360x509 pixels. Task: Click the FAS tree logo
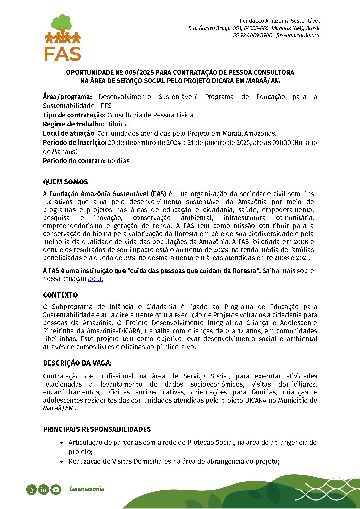click(x=62, y=37)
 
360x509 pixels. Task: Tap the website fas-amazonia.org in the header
click(x=298, y=35)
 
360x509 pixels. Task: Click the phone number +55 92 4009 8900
click(x=251, y=35)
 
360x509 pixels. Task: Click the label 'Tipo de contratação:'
click(x=74, y=115)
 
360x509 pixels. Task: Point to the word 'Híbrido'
click(x=117, y=124)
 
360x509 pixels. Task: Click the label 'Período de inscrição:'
click(x=75, y=143)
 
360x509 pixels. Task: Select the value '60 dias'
click(x=118, y=161)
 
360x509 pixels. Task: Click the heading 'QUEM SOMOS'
click(x=65, y=182)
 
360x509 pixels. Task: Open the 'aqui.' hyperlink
click(x=96, y=279)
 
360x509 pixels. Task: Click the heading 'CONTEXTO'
click(x=60, y=295)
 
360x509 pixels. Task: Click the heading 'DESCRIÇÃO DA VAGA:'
click(x=77, y=363)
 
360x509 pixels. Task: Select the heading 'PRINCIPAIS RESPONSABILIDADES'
click(x=97, y=429)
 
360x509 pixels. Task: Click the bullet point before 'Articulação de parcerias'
click(x=61, y=443)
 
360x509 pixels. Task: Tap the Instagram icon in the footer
click(x=31, y=490)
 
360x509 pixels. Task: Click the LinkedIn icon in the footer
click(x=44, y=490)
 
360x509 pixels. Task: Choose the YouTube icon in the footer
click(x=56, y=490)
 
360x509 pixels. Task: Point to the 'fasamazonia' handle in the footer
click(x=87, y=489)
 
